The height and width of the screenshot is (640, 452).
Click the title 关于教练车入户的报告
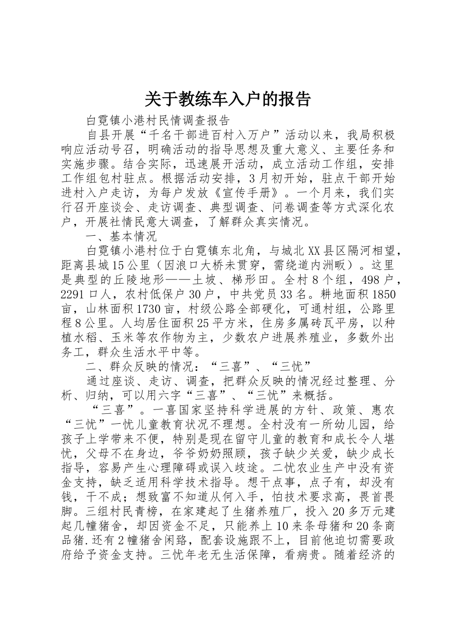(x=227, y=99)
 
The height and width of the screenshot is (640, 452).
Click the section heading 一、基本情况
(x=121, y=237)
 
